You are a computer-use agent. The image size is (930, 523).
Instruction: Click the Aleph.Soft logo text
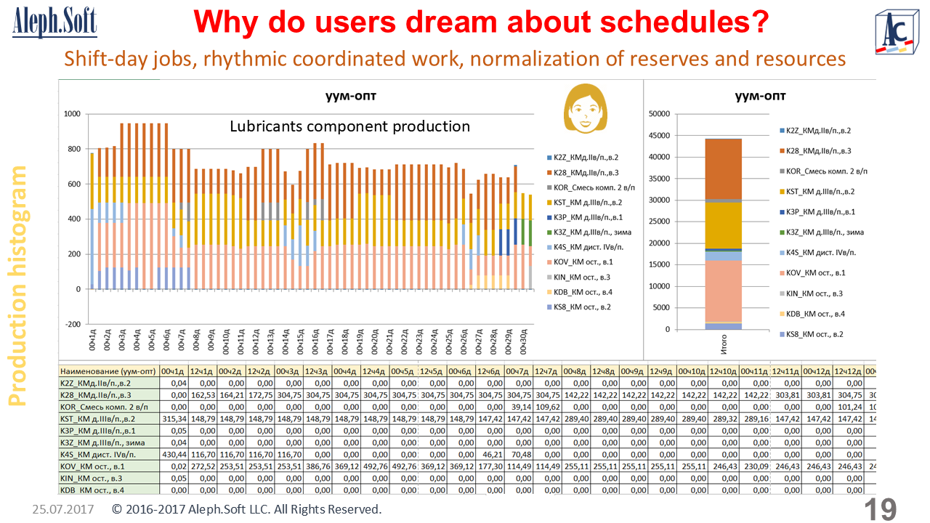(54, 24)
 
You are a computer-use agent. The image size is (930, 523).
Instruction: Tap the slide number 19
(881, 509)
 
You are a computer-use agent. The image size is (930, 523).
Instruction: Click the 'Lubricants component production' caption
(349, 126)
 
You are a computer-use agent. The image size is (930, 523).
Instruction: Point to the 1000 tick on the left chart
(72, 114)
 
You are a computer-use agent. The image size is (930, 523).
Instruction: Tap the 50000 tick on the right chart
(658, 114)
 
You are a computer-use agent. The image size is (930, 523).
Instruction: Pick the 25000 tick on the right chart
(658, 222)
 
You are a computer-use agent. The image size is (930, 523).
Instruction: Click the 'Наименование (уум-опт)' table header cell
(109, 370)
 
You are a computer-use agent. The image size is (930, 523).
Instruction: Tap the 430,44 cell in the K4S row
(174, 453)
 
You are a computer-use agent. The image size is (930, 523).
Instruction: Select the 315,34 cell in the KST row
(174, 418)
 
